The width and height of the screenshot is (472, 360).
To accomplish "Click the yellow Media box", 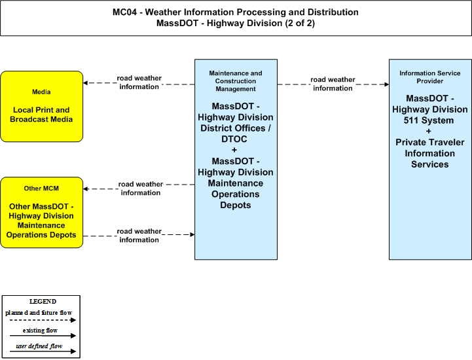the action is tap(41, 106).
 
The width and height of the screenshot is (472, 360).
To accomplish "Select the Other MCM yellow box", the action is tap(41, 213).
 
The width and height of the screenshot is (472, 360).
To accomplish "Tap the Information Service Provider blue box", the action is tap(430, 159).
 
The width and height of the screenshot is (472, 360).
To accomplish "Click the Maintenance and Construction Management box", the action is tap(236, 159).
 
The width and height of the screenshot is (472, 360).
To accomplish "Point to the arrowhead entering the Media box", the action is tap(86, 82).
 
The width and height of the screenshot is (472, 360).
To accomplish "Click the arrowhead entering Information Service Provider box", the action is tap(386, 84).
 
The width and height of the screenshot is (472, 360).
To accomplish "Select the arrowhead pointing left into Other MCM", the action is tap(86, 189).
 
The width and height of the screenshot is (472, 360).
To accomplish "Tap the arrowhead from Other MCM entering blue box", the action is tap(192, 234).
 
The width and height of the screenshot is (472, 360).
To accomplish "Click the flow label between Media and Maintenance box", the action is tap(139, 82).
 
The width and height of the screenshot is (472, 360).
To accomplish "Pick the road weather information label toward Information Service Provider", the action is tap(333, 84).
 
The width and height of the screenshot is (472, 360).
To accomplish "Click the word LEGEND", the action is tap(43, 302).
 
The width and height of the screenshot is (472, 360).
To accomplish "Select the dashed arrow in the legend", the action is tap(43, 320).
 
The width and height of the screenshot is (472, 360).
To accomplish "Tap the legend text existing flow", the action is tap(40, 331).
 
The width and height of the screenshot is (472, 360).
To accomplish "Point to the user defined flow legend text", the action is tap(39, 346).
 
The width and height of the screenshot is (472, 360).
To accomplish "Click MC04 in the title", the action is tap(124, 12).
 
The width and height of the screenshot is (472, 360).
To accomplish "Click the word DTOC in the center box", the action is tap(234, 139).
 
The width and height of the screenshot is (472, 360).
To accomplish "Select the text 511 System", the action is tap(429, 120).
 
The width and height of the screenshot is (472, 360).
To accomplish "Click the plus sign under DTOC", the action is tap(234, 150).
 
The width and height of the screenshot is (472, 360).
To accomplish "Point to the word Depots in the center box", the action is tap(236, 206).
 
